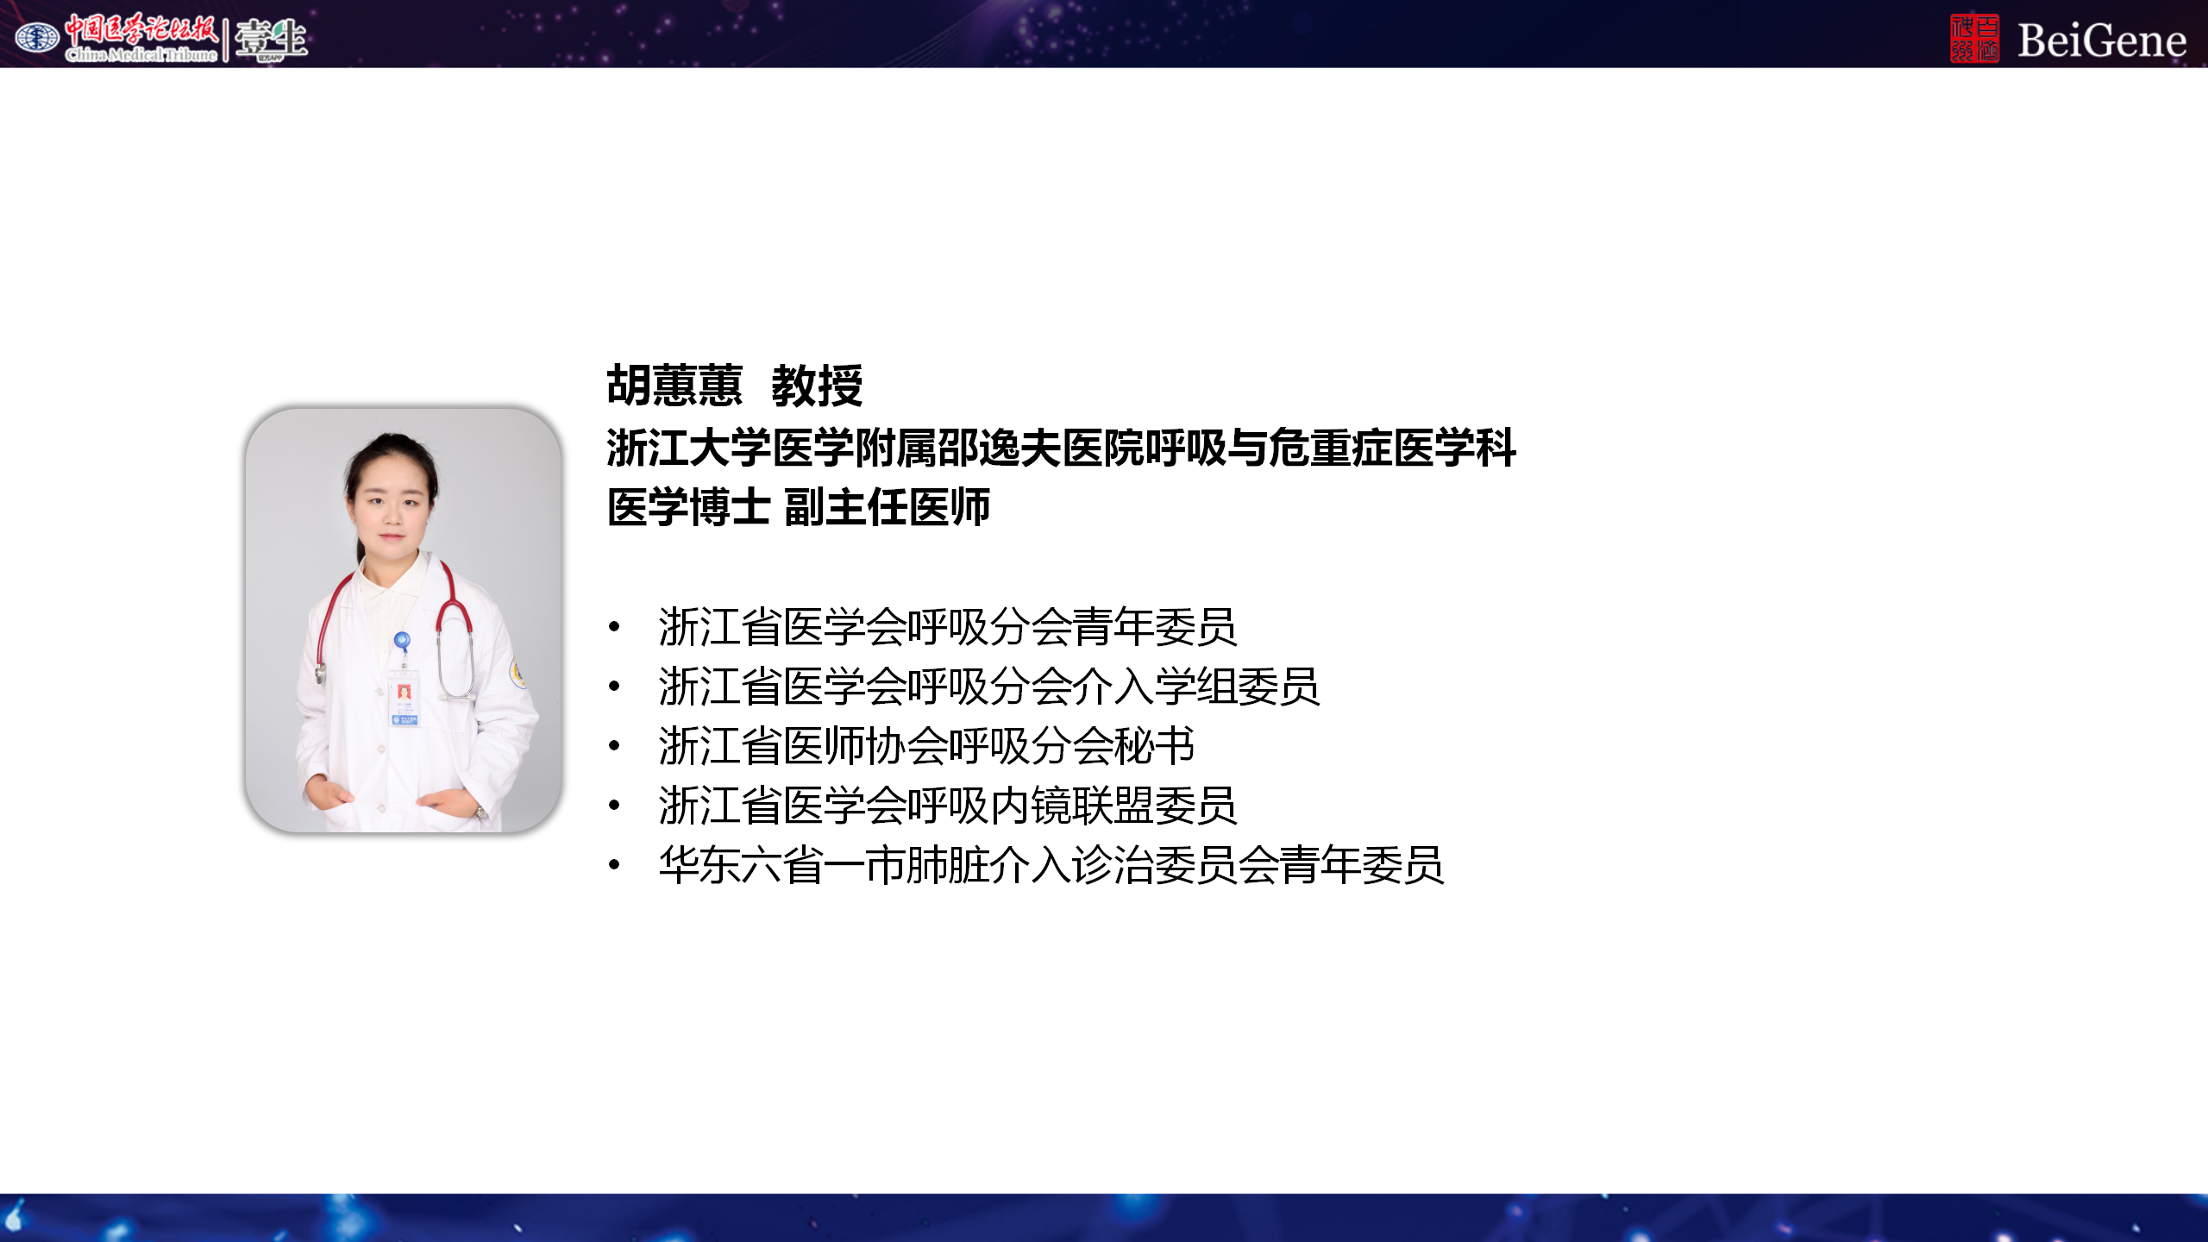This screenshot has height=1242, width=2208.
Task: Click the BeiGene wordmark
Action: [2102, 41]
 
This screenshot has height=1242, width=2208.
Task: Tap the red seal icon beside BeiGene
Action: [1975, 39]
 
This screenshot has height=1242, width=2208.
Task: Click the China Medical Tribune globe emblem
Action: [37, 37]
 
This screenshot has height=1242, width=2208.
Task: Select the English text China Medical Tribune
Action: [141, 55]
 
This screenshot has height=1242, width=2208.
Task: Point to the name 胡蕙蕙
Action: [674, 385]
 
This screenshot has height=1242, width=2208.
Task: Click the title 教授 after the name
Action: [817, 385]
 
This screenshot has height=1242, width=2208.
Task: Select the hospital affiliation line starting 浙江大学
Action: [1062, 448]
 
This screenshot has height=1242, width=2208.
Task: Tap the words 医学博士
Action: [688, 506]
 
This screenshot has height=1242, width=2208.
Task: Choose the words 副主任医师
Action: [888, 506]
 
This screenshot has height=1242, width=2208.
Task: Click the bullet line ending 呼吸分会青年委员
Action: [948, 626]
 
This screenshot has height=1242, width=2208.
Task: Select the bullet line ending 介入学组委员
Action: [989, 687]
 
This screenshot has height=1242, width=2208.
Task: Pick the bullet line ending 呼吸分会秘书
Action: [927, 746]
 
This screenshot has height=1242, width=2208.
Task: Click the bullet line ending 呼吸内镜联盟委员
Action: [948, 806]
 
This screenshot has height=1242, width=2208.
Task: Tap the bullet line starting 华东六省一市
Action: [1051, 865]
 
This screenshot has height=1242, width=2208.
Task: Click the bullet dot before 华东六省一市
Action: [614, 865]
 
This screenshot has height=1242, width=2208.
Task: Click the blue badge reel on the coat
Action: [401, 641]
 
